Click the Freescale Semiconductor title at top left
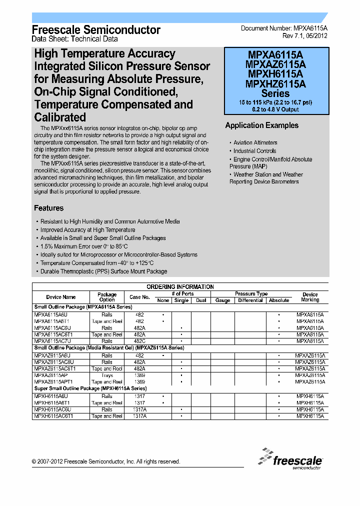pyautogui.click(x=96, y=30)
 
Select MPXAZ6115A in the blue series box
pyautogui.click(x=275, y=64)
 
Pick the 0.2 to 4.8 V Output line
pyautogui.click(x=275, y=109)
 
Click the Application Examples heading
pyautogui.click(x=261, y=125)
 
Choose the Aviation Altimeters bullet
pyautogui.click(x=255, y=142)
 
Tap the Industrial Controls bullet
pyautogui.click(x=254, y=151)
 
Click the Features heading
pyautogui.click(x=48, y=208)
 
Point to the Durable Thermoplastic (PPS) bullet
pyautogui.click(x=103, y=271)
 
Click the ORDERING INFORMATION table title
pyautogui.click(x=180, y=286)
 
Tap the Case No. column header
pyautogui.click(x=139, y=297)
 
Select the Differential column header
pyautogui.click(x=250, y=300)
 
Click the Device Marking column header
pyautogui.click(x=310, y=297)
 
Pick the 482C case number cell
pyautogui.click(x=139, y=341)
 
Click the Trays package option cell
pyautogui.click(x=107, y=375)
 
